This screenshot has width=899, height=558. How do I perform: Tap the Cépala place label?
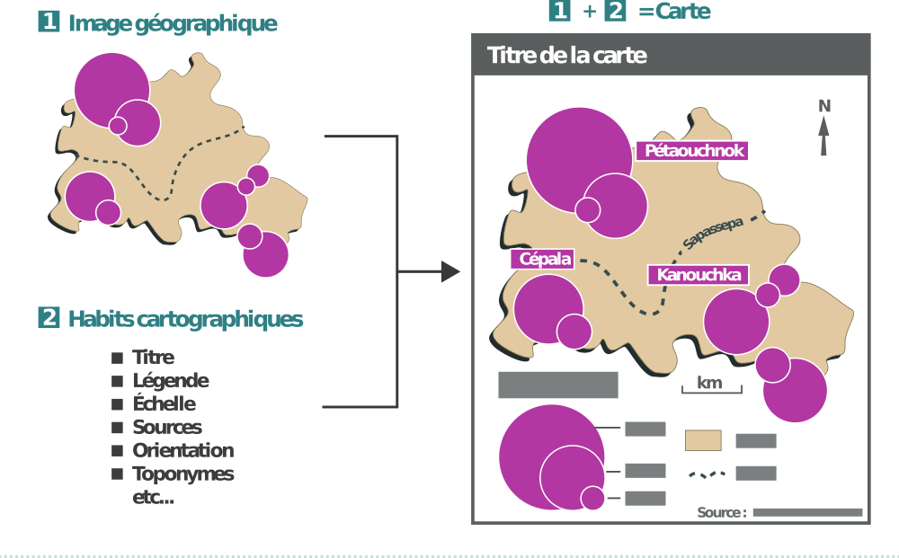click(546, 259)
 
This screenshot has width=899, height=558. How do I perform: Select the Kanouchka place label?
click(699, 275)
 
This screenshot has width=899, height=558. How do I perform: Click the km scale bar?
click(711, 386)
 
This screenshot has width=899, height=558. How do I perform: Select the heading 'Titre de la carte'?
click(567, 56)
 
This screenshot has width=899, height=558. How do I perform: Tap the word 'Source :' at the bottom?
click(721, 513)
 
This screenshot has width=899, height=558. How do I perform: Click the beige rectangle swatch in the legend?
click(703, 440)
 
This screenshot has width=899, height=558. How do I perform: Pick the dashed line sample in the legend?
click(707, 474)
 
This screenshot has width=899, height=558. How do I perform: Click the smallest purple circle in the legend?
click(592, 498)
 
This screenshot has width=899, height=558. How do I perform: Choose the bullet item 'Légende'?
click(170, 381)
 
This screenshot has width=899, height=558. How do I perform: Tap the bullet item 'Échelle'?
click(164, 404)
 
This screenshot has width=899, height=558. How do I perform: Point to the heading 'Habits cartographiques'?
click(185, 320)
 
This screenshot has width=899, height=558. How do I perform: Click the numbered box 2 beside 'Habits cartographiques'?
click(49, 319)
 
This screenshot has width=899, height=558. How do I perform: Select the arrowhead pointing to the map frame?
click(450, 271)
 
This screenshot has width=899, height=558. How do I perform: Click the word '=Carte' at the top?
click(674, 12)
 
